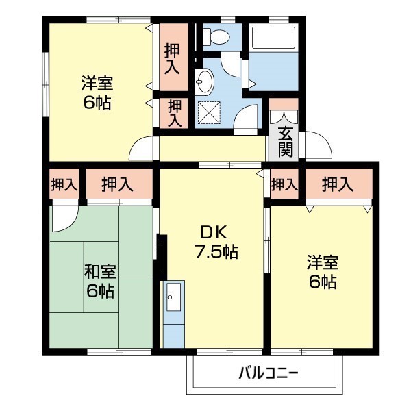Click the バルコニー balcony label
pyautogui.click(x=269, y=374)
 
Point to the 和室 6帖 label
pyautogui.click(x=99, y=282)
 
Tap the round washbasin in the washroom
pyautogui.click(x=205, y=84)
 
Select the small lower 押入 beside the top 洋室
pyautogui.click(x=175, y=114)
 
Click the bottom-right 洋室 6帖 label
pyautogui.click(x=321, y=272)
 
